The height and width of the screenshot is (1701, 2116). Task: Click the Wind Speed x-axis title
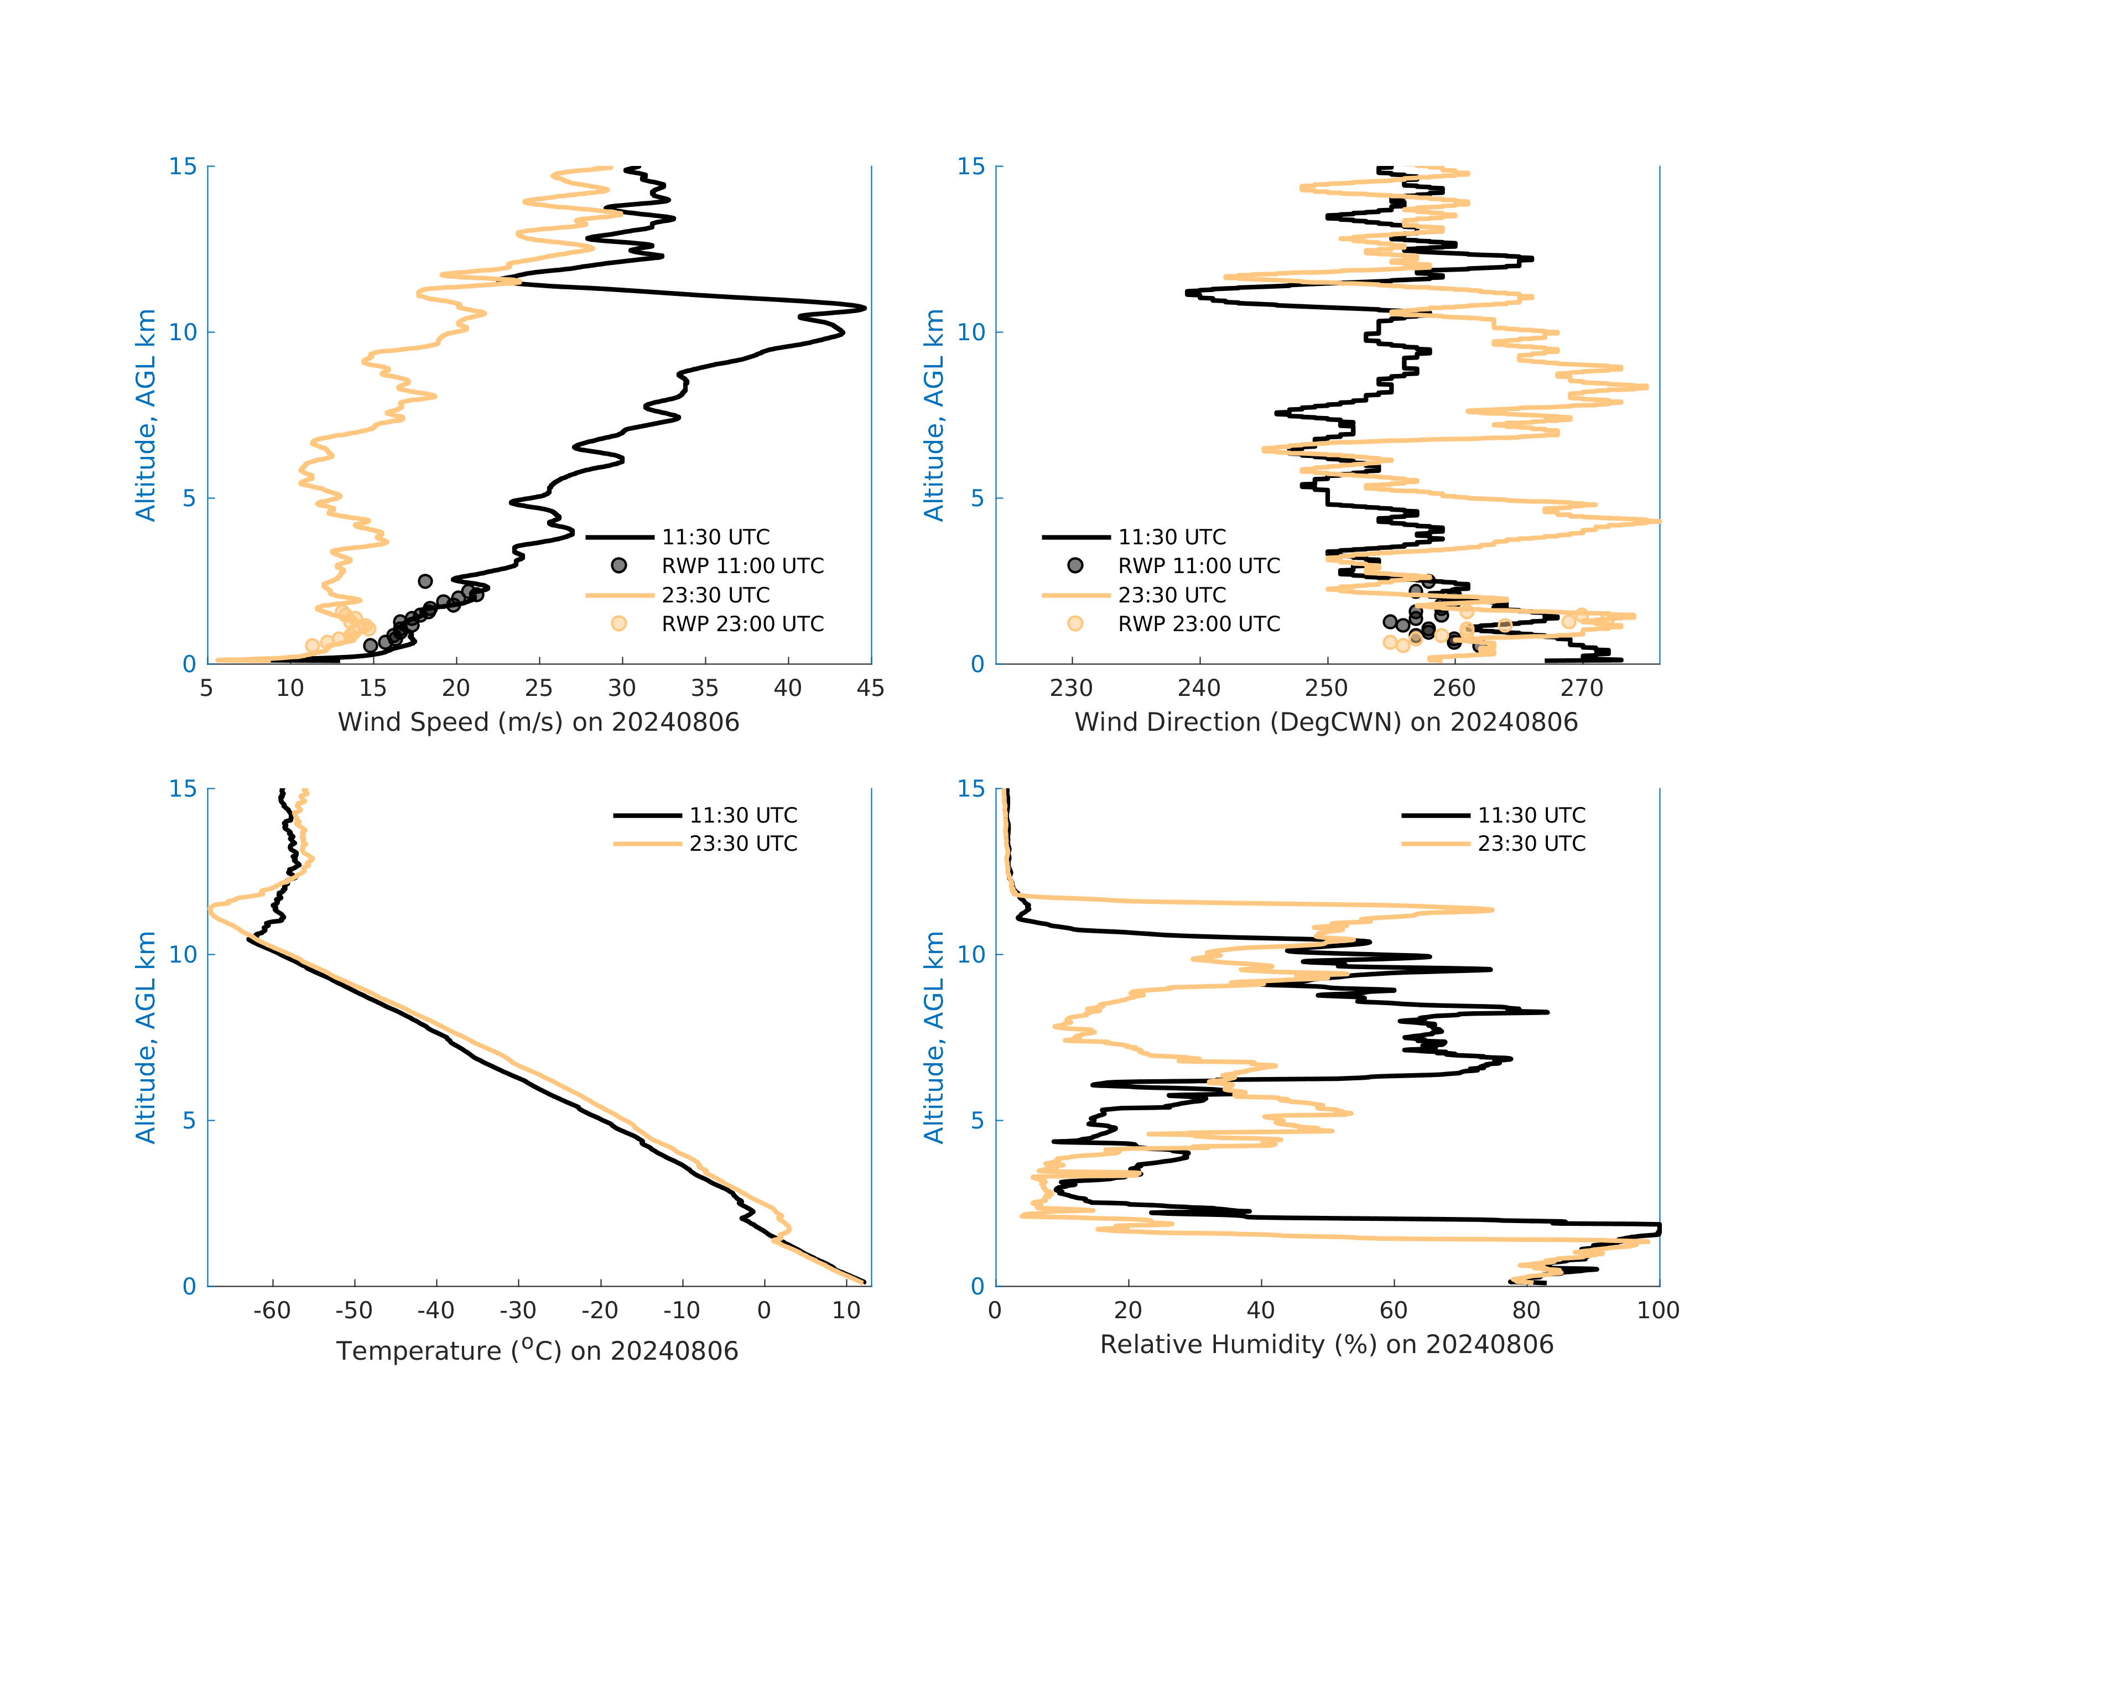point(538,722)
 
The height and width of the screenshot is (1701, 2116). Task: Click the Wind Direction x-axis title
point(1326,722)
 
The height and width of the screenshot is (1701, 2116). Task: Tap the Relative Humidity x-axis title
point(1326,1345)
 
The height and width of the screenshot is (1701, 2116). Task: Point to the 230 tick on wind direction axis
point(1071,688)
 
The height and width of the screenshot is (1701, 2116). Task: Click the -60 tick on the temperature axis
point(272,1310)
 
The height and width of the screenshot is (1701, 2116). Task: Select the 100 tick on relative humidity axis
point(1657,1310)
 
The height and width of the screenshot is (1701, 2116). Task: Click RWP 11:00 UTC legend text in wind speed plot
point(742,566)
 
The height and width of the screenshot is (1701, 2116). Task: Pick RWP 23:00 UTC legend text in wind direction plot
point(1198,625)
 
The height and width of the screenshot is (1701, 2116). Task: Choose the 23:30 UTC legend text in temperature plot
point(743,844)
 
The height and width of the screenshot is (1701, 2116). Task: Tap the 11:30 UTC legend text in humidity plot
point(1531,816)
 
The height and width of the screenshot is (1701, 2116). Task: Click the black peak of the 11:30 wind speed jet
point(864,308)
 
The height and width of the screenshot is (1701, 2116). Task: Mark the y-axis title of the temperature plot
point(145,1038)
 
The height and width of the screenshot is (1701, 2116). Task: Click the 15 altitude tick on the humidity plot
point(971,789)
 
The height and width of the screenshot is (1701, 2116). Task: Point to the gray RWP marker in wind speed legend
point(619,566)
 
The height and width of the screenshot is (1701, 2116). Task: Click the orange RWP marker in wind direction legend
point(1075,625)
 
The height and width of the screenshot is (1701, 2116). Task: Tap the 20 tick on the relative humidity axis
point(1127,1310)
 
